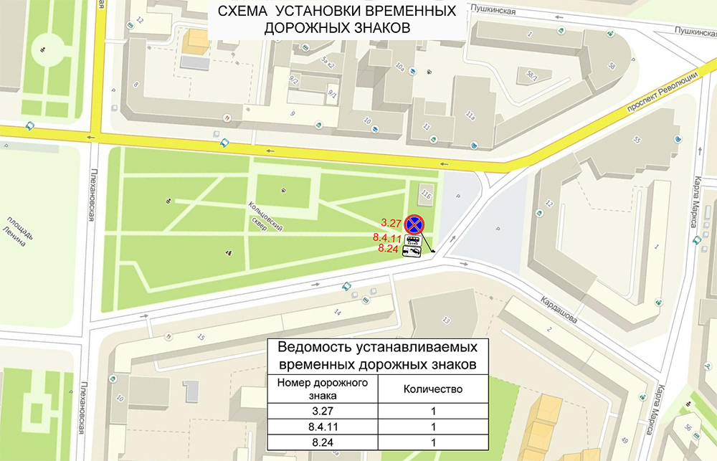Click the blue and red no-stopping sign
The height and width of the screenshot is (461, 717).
point(414,224)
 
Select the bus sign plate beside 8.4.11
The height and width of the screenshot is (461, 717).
point(414,240)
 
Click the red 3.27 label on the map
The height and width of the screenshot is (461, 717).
point(391,222)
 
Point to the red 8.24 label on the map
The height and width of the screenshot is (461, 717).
point(387,249)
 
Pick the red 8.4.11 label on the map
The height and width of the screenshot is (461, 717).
point(387,237)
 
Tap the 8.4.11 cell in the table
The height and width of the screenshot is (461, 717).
point(323,427)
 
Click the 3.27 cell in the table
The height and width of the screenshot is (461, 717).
point(323,411)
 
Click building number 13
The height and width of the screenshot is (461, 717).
point(447,320)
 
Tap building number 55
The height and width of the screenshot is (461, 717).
point(636,139)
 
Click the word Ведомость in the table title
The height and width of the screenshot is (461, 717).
point(310,348)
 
